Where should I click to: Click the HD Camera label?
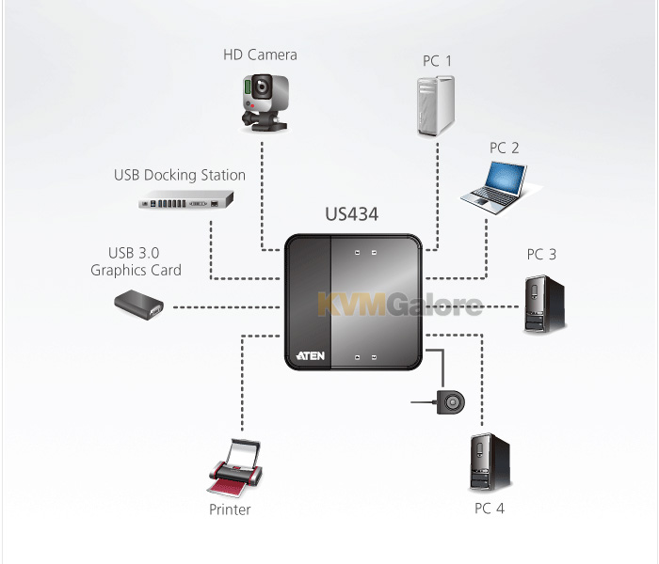(260, 55)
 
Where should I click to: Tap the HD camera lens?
(263, 86)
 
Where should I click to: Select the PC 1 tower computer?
(435, 105)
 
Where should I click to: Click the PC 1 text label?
(437, 61)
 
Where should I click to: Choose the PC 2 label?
(504, 148)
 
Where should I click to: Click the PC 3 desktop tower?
(544, 305)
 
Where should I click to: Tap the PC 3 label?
(541, 255)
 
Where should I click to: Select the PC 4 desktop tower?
(490, 462)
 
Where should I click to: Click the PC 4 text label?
(490, 509)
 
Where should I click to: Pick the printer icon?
(235, 467)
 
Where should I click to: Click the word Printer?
(230, 509)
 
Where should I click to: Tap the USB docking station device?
(186, 199)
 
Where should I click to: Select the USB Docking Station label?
(180, 175)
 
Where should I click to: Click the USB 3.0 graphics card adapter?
(138, 305)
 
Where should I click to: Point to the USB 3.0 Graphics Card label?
(136, 261)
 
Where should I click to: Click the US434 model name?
(352, 214)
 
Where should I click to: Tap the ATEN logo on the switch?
(311, 356)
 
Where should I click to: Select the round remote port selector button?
(451, 402)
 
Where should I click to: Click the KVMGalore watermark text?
(400, 304)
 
